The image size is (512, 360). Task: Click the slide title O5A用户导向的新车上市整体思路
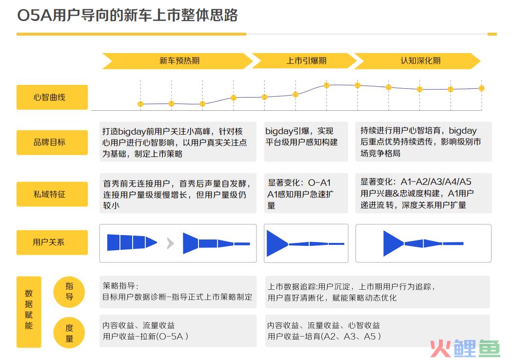(127, 15)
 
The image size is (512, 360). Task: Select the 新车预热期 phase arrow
(177, 61)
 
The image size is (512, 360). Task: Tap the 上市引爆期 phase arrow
(304, 61)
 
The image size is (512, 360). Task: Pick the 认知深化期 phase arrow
(417, 61)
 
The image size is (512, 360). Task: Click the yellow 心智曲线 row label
(52, 98)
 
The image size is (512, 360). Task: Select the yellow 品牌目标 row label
(52, 142)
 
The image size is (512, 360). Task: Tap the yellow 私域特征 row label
(52, 194)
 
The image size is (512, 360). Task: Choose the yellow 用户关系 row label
(52, 242)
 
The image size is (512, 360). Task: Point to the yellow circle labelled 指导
(69, 292)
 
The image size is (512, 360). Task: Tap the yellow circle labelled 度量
(69, 333)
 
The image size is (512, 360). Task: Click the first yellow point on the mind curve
(140, 104)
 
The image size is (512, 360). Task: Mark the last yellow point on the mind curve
(481, 88)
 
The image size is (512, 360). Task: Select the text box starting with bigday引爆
(306, 142)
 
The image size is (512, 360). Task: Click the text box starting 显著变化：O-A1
(306, 193)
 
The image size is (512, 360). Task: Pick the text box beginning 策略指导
(178, 292)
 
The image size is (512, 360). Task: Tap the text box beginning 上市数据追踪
(377, 292)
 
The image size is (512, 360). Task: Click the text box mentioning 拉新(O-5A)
(178, 331)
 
